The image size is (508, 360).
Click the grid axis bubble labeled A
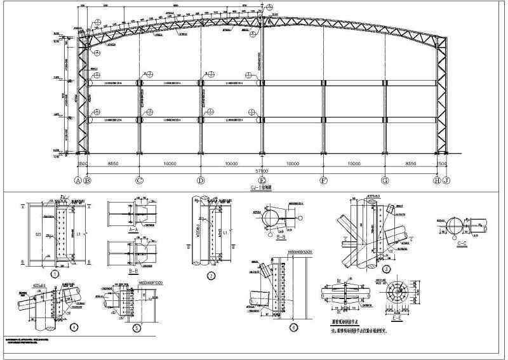(x=78, y=181)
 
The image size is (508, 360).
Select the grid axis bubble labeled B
(x=88, y=181)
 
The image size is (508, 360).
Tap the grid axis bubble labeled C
(x=139, y=181)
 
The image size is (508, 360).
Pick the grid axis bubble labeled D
(x=201, y=181)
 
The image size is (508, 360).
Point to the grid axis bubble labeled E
(x=262, y=181)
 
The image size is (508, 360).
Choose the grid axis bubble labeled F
(x=323, y=181)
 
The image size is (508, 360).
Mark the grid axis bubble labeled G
(x=385, y=181)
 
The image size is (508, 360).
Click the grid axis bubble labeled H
(x=437, y=181)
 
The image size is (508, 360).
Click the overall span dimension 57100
(x=262, y=171)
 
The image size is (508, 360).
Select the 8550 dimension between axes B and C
(x=113, y=163)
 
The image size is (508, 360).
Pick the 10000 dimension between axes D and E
(x=231, y=163)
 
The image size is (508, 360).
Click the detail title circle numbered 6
(x=293, y=328)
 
